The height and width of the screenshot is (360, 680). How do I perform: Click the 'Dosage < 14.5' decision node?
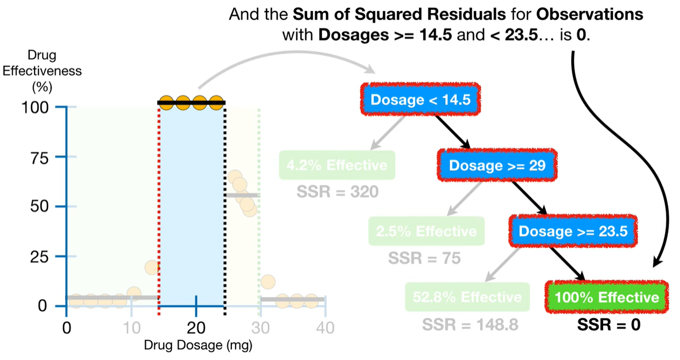point(420,99)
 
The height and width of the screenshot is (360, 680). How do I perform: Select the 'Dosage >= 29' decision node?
point(497,165)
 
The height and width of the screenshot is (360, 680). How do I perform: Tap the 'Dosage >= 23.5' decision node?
point(573,231)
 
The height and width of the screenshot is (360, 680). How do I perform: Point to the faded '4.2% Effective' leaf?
point(336,165)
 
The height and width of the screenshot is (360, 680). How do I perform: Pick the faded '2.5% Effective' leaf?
point(426,231)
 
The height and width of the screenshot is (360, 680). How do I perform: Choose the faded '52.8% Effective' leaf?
point(467,297)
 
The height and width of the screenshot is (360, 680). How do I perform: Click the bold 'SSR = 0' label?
point(609,325)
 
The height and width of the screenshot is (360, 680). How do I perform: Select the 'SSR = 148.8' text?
point(470,325)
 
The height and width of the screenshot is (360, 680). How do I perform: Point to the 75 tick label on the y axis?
point(43,157)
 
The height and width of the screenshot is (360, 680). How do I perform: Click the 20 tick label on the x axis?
point(196,328)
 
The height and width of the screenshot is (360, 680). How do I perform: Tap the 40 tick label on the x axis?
point(325,328)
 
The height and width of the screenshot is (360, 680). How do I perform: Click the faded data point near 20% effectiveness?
point(152,268)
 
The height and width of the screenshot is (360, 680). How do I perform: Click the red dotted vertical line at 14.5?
point(159,209)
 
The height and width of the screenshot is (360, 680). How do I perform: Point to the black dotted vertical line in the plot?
point(225,209)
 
